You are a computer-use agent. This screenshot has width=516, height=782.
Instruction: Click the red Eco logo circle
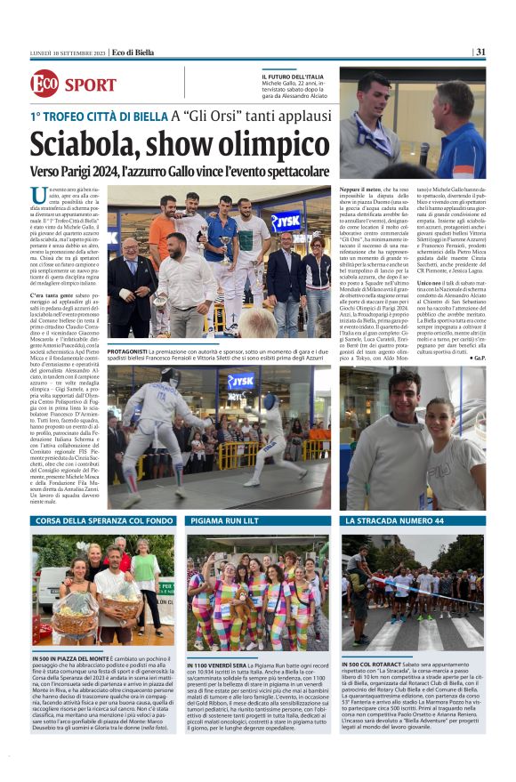pos(44,85)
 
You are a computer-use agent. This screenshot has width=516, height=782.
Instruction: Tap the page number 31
pos(480,51)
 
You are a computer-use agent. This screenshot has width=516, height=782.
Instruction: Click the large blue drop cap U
pos(40,197)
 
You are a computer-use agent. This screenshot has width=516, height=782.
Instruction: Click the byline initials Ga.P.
pos(478,357)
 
